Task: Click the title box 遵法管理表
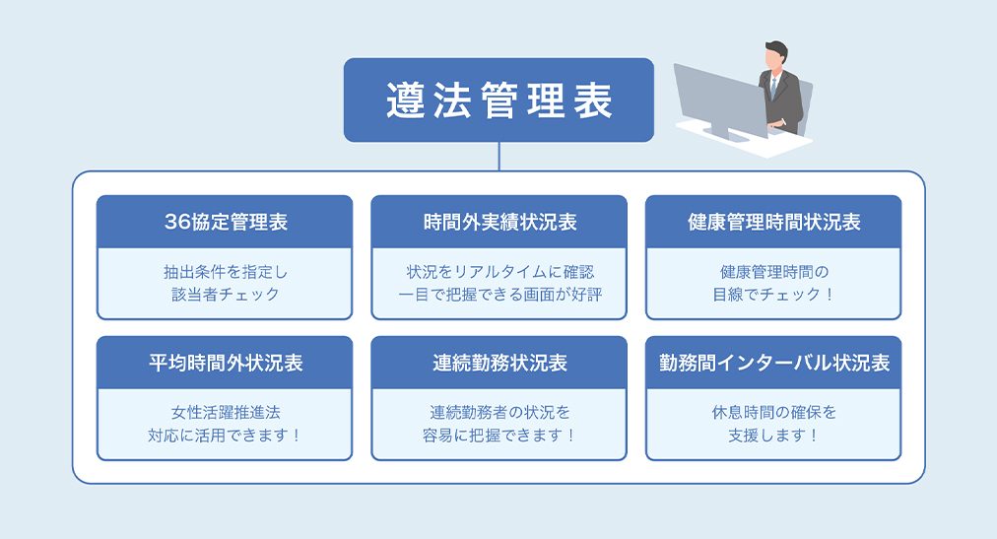coord(498,101)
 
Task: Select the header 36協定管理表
coord(225,222)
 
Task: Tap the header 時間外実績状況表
coord(498,222)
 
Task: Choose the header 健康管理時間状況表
coord(773,222)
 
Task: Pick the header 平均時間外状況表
coord(225,363)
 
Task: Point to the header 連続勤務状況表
coord(498,363)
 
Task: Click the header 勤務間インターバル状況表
coord(773,363)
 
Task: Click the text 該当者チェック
coord(225,294)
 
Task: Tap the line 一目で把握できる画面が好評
coord(498,294)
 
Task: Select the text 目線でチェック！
coord(773,294)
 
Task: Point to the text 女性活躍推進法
coord(225,412)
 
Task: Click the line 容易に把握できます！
coord(498,435)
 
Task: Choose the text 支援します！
coord(773,435)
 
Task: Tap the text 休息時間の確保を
coord(773,412)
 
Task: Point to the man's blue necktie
coord(774,88)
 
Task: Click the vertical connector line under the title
coord(498,157)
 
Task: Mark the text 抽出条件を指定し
coord(225,271)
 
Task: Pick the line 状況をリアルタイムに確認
coord(498,271)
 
